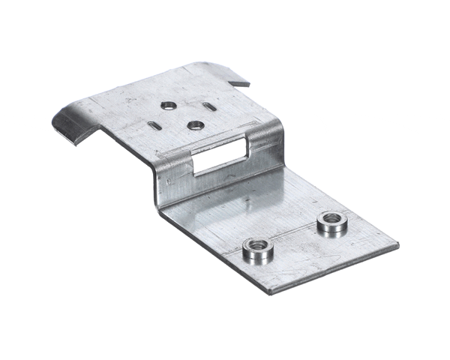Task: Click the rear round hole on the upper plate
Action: tap(169, 106)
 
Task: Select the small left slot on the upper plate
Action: tap(152, 125)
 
